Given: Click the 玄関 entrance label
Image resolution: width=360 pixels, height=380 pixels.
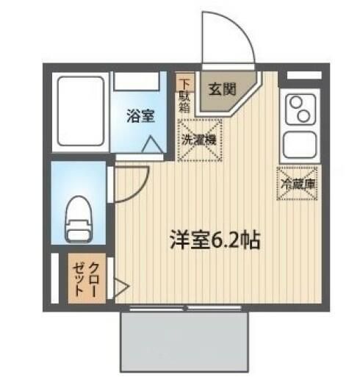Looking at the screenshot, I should [x=221, y=91].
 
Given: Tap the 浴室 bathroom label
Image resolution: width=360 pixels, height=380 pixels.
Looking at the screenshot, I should [x=140, y=115].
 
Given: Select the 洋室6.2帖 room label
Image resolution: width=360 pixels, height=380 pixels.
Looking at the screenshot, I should [x=215, y=240].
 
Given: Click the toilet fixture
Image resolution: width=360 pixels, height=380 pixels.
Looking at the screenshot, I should [x=79, y=217].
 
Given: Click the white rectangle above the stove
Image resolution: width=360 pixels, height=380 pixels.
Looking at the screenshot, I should [x=298, y=75].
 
